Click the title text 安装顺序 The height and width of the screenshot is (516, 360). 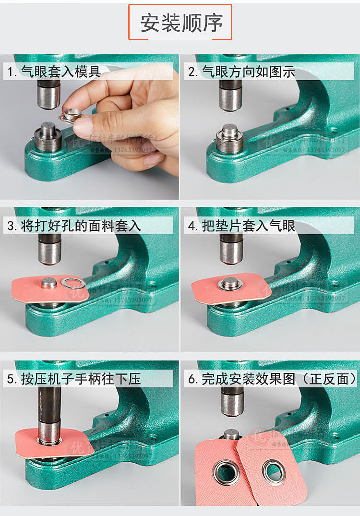[181, 23]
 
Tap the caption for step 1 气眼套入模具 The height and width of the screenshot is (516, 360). [54, 72]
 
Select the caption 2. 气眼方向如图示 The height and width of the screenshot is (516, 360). [241, 72]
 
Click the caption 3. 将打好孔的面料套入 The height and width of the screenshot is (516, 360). [74, 226]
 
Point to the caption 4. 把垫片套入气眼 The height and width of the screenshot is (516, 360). [241, 226]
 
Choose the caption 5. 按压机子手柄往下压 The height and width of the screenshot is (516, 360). [74, 379]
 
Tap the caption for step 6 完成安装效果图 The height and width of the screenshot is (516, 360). [272, 379]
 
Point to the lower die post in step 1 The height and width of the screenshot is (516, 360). [48, 137]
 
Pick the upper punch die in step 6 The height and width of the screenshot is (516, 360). [232, 401]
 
